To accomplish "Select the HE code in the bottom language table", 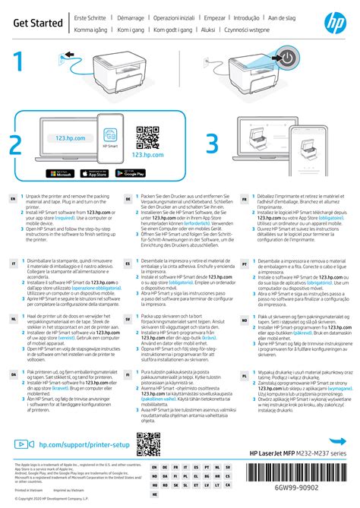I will [x=155, y=493].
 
